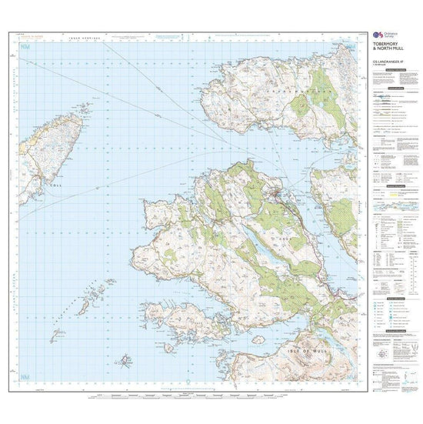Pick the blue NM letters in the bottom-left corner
click(27, 376)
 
